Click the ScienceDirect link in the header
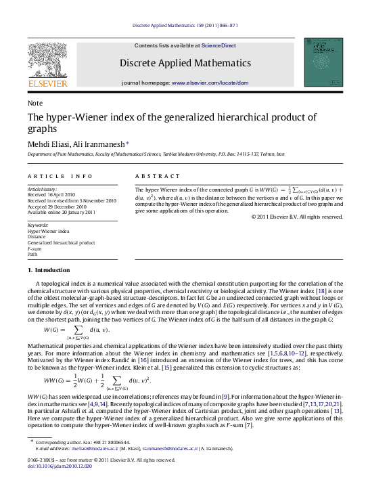tap(218, 45)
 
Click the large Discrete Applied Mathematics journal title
tap(185, 63)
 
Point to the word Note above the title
tap(34, 103)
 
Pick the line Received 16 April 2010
tap(51, 194)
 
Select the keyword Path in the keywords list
tap(32, 254)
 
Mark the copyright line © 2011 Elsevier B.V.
tap(297, 217)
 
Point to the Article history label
tap(42, 188)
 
